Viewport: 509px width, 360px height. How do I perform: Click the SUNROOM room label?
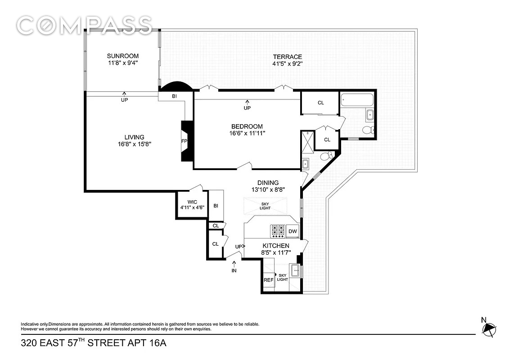[x=123, y=56]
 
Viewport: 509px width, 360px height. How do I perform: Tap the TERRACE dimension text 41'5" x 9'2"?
[x=287, y=63]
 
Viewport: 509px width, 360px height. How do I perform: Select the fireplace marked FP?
[x=187, y=141]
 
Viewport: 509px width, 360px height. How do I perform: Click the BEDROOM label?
[x=247, y=126]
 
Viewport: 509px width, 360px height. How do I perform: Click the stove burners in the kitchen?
[x=278, y=230]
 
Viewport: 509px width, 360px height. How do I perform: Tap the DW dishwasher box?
[x=293, y=231]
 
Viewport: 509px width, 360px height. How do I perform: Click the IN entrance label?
[x=234, y=270]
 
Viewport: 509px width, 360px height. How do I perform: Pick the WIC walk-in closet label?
[x=192, y=202]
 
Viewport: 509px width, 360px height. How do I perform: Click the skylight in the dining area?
[x=265, y=206]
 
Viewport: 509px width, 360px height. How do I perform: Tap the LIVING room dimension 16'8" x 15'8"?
[x=135, y=144]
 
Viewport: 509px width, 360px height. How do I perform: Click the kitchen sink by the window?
[x=295, y=270]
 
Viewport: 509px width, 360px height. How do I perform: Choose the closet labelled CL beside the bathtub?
[x=320, y=103]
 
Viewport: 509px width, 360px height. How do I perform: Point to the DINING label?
[x=268, y=183]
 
